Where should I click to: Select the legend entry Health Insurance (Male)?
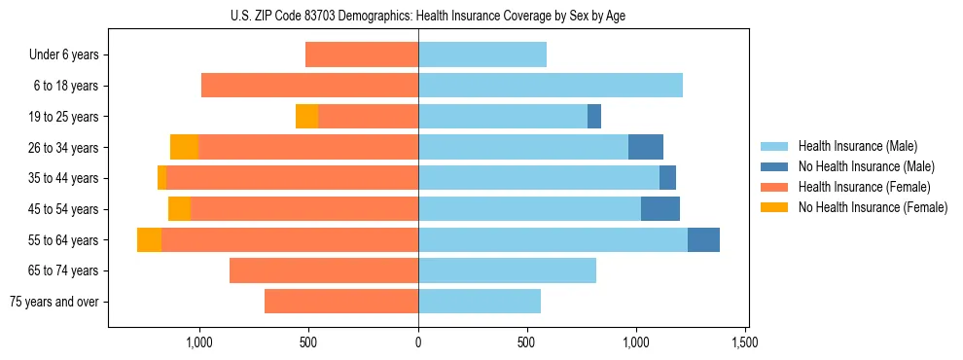point(857,146)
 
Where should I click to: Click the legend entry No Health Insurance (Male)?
point(866,166)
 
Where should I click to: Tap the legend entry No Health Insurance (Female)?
point(873,207)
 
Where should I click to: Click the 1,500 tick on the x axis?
point(745,342)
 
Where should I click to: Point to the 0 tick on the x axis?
point(418,342)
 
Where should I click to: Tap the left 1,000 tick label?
point(198,342)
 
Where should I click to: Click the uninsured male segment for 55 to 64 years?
point(703,240)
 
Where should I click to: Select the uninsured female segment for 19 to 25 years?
point(306,117)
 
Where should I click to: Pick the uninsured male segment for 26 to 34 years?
point(646,148)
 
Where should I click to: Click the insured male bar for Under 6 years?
point(482,55)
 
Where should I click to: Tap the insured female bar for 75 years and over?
point(341,302)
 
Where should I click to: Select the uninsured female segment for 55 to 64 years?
point(149,240)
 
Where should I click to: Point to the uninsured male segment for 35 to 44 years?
point(667,178)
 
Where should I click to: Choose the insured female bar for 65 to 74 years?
point(324,270)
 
